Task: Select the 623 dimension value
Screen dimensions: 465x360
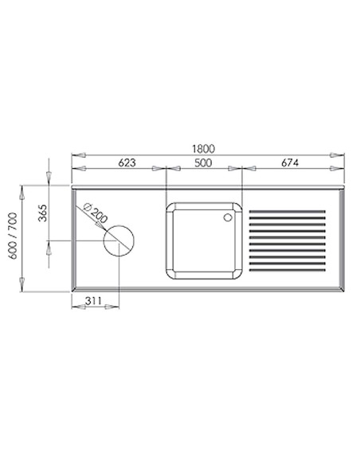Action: pos(127,162)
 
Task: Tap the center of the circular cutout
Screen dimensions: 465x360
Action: pos(119,241)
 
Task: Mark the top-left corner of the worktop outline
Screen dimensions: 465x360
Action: pos(72,189)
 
